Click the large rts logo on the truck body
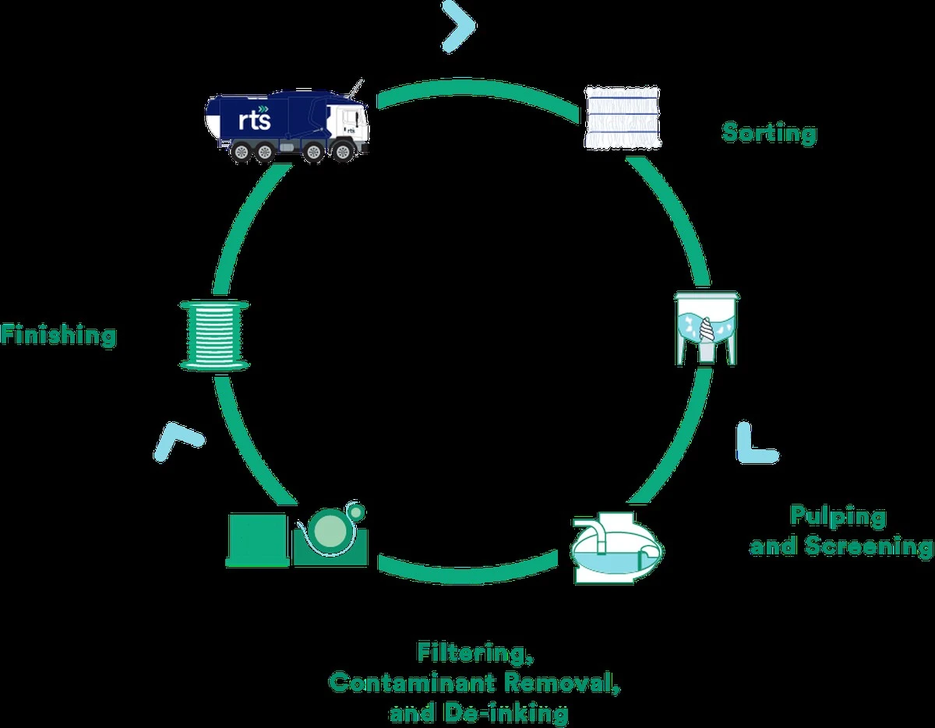pyautogui.click(x=255, y=118)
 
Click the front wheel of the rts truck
pyautogui.click(x=343, y=151)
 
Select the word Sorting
pyautogui.click(x=769, y=133)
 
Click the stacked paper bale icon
pyautogui.click(x=622, y=118)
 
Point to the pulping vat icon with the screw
pyautogui.click(x=707, y=329)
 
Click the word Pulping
pyautogui.click(x=838, y=517)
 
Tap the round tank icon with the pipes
pyautogui.click(x=616, y=548)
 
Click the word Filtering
pyautogui.click(x=475, y=652)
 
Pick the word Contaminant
pyautogui.click(x=412, y=683)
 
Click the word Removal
pyautogui.click(x=562, y=683)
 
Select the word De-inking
pyautogui.click(x=506, y=713)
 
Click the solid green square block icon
pyautogui.click(x=257, y=540)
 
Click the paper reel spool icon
pyautogui.click(x=214, y=336)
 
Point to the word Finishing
pyautogui.click(x=59, y=336)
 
